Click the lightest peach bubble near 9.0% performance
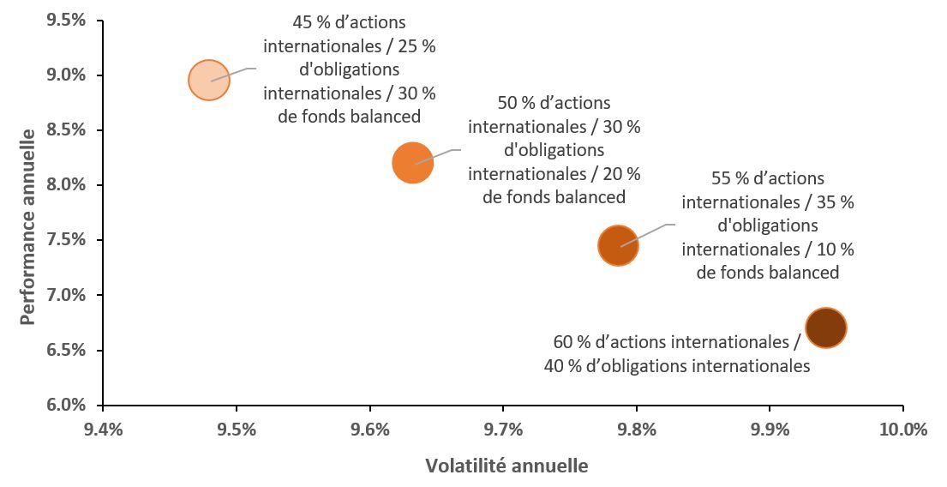[x=208, y=81]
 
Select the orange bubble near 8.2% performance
[x=412, y=163]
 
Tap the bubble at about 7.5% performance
[x=618, y=246]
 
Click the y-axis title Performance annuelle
[x=28, y=226]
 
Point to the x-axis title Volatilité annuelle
[x=506, y=466]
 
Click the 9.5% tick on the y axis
[x=66, y=20]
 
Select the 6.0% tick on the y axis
[x=66, y=405]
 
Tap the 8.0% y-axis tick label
[x=66, y=185]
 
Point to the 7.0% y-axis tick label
[x=66, y=295]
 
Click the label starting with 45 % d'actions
[x=349, y=69]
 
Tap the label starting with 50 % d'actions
[x=554, y=150]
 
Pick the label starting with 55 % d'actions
[x=768, y=225]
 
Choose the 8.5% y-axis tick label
[x=66, y=130]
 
